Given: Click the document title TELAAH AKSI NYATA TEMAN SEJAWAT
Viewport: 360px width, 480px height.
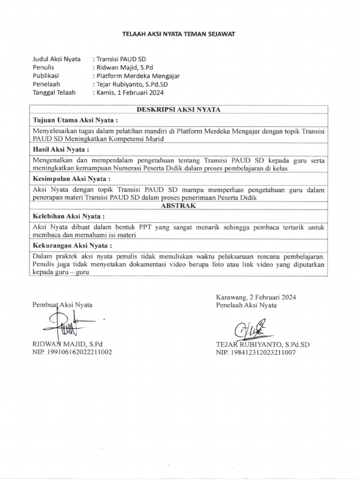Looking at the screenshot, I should pos(179,34).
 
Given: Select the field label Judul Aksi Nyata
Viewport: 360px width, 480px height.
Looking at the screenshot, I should pos(56,59).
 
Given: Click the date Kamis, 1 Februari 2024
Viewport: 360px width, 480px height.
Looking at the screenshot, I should pos(129,93).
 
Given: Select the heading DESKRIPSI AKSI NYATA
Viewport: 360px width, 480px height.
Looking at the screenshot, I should pos(178,109).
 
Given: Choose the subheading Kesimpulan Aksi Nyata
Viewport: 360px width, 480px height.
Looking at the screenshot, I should pos(72,179).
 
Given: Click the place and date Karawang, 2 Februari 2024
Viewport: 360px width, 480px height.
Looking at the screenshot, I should pos(256,297).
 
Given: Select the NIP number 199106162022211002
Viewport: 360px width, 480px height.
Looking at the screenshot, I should pos(72,352).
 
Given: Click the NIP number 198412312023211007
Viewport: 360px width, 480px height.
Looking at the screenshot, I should pos(255,352).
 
